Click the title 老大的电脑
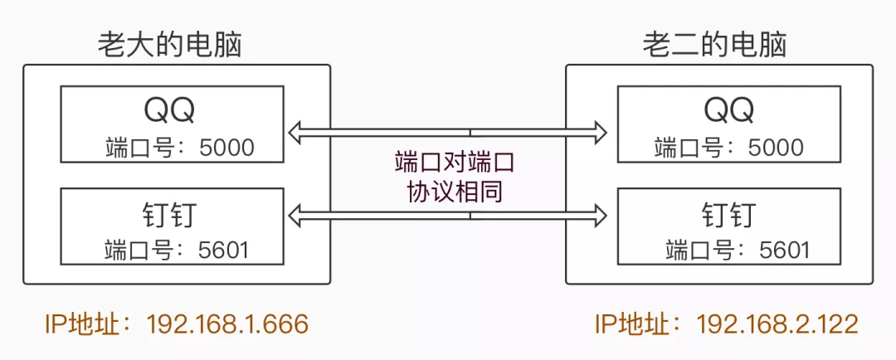tap(170, 44)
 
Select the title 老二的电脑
tap(714, 44)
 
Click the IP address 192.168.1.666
tap(227, 324)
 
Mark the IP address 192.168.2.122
tap(777, 324)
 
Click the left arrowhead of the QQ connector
tap(295, 130)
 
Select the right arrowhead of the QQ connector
tap(600, 130)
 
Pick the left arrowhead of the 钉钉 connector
tap(295, 216)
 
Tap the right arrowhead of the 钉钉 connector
tap(600, 216)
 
